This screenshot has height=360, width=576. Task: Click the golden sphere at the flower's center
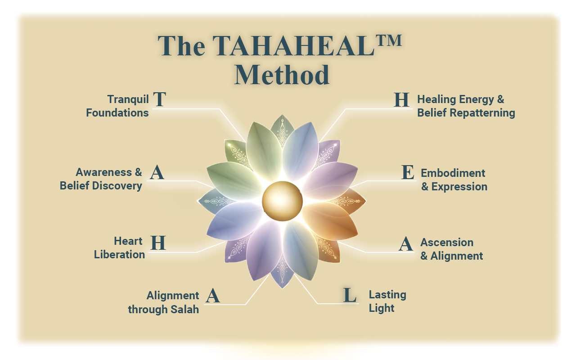coord(282,201)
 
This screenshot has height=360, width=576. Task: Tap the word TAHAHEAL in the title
coord(293,46)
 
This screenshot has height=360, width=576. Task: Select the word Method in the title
coord(282,75)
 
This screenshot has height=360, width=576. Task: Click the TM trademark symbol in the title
coord(388,40)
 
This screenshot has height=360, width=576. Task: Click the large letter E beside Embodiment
coord(408,172)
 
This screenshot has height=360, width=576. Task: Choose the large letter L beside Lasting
coord(350,295)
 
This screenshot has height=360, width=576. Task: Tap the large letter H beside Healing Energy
coord(401,100)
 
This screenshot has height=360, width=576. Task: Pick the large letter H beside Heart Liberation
coord(158,243)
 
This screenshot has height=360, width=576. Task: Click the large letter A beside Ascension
coord(406,244)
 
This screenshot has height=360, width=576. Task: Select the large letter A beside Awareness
coord(157,172)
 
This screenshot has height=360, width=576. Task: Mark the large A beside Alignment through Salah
coord(213,296)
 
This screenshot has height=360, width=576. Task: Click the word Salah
coord(184,309)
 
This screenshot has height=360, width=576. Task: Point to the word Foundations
coord(117,113)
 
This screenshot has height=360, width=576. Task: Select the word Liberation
coord(119,255)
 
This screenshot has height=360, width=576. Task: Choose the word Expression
coord(459,187)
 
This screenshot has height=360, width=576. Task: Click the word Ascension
coord(447,243)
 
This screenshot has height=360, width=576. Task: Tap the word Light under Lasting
coord(381,308)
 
